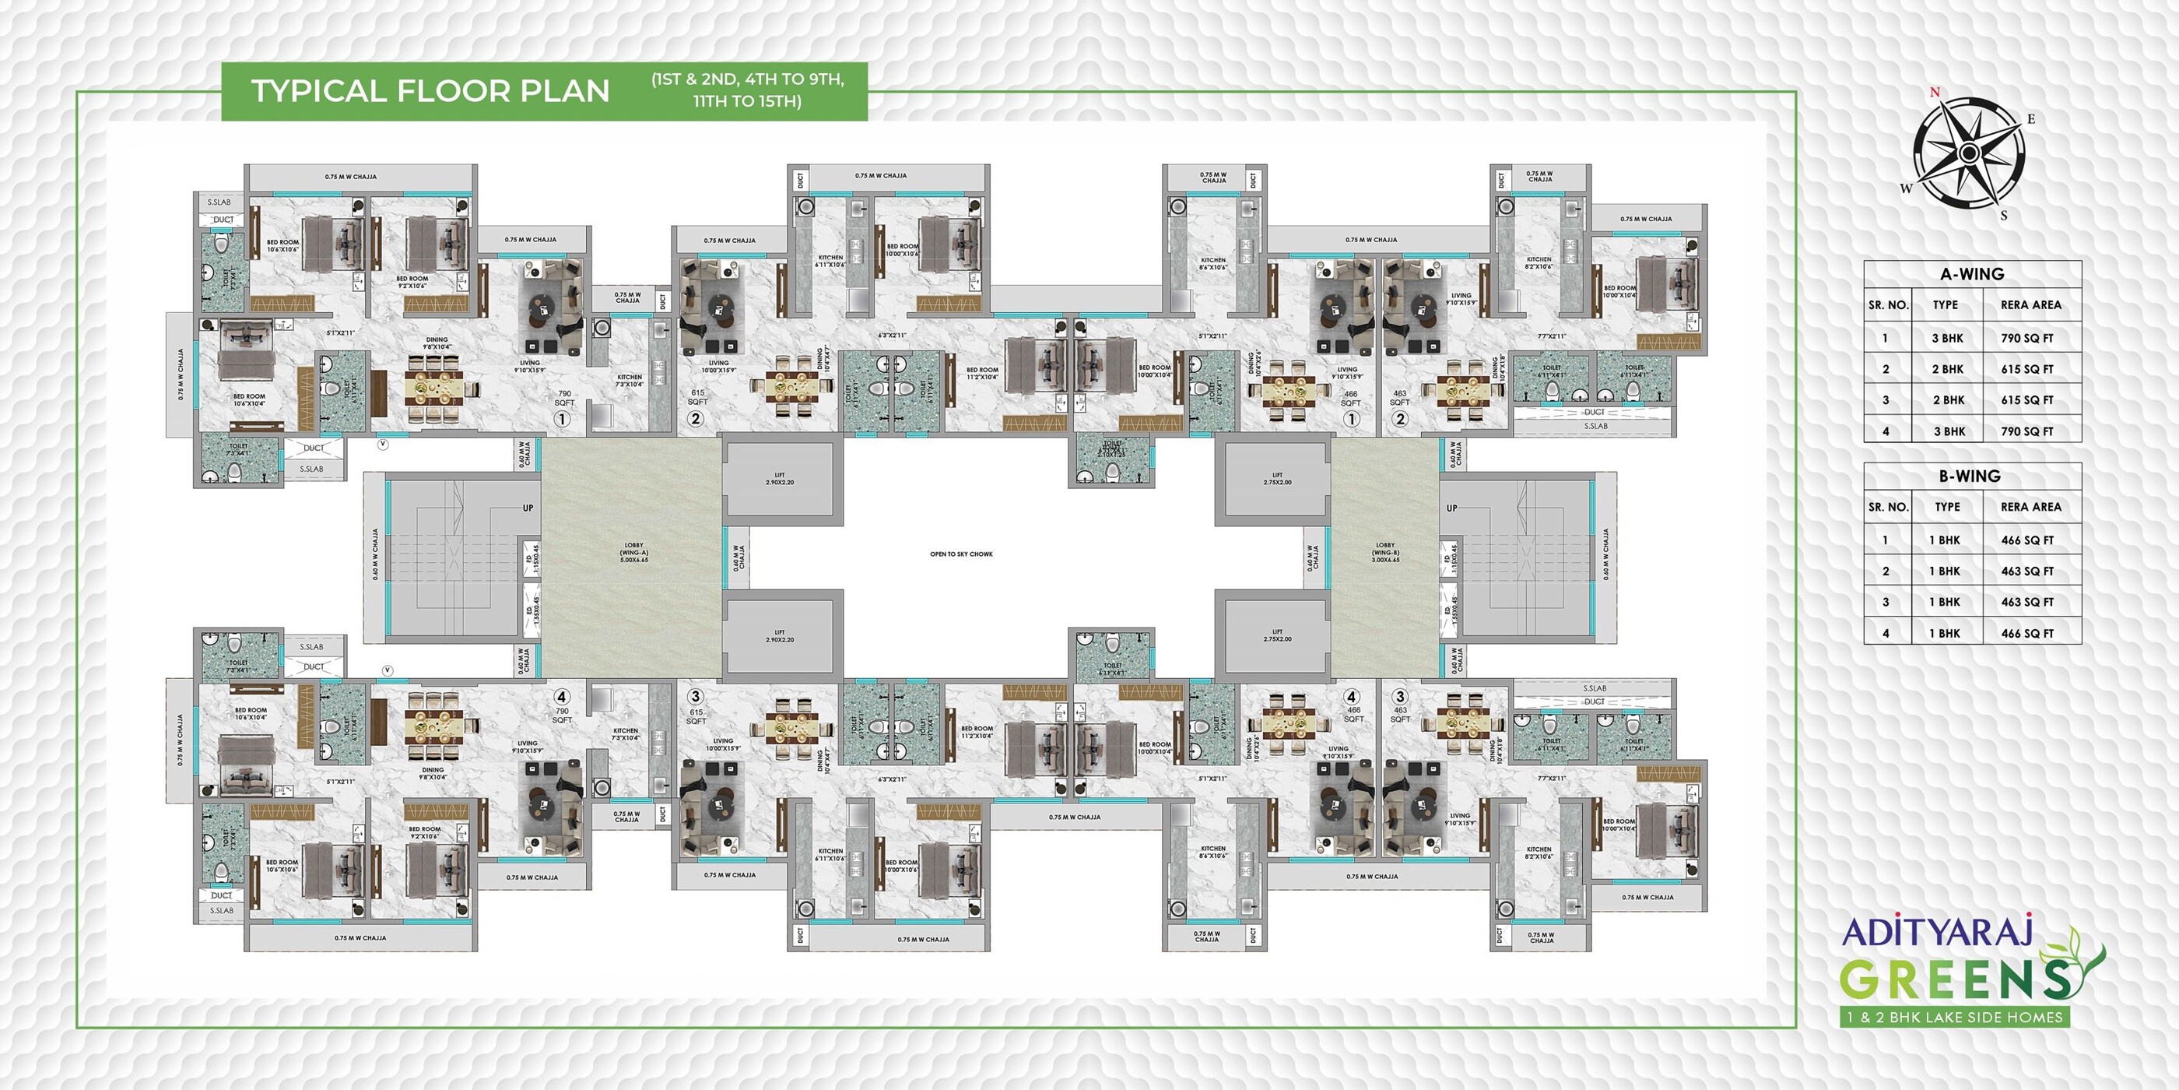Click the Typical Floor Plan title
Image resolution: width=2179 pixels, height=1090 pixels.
(430, 91)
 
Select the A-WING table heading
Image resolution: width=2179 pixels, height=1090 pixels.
(1972, 274)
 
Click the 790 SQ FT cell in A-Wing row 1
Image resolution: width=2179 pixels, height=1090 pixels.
(2026, 339)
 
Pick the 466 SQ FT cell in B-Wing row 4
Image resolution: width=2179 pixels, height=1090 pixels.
(2026, 633)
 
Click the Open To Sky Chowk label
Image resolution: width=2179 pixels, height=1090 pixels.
(961, 554)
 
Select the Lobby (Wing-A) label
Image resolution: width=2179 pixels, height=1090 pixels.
(633, 552)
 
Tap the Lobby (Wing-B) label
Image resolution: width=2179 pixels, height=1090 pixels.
(1384, 552)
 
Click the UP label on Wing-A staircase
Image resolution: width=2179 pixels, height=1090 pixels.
(528, 508)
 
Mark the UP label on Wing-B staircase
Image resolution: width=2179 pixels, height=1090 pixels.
(1451, 508)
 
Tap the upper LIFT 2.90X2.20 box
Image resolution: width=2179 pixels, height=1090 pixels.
(779, 479)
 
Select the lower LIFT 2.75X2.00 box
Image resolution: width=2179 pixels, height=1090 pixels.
(1276, 635)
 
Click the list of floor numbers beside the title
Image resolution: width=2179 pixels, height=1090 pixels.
(747, 90)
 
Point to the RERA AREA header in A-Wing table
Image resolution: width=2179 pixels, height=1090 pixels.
(2030, 305)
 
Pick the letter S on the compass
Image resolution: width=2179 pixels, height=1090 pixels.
(2003, 216)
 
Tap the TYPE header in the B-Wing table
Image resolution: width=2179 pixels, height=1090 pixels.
(1946, 507)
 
